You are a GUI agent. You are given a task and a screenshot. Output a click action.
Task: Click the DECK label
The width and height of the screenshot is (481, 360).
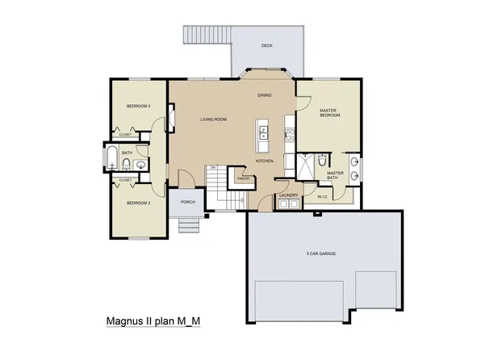click(x=266, y=46)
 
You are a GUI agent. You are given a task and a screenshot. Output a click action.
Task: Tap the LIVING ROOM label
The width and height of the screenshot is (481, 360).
click(x=213, y=119)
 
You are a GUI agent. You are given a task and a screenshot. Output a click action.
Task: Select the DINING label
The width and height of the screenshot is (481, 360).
click(x=264, y=95)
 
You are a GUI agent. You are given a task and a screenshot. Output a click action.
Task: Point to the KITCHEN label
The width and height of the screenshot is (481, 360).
click(x=265, y=161)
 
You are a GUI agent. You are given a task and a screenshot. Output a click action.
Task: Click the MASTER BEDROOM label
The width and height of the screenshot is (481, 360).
click(x=328, y=113)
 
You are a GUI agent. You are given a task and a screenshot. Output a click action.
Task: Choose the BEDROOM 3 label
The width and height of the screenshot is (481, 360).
click(x=139, y=106)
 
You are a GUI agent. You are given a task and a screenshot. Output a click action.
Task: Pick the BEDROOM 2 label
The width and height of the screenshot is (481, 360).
click(x=139, y=203)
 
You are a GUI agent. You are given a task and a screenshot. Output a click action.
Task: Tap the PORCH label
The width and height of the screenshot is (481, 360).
click(x=188, y=202)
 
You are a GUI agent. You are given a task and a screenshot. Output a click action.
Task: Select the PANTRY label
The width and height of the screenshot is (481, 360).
click(x=233, y=178)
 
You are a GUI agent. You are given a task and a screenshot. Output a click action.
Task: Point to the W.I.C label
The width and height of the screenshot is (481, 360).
click(x=321, y=195)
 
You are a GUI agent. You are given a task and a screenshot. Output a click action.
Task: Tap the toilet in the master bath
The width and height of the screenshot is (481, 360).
click(x=321, y=159)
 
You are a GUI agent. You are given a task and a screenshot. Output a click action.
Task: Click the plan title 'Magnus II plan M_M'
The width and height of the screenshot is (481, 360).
click(x=153, y=320)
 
